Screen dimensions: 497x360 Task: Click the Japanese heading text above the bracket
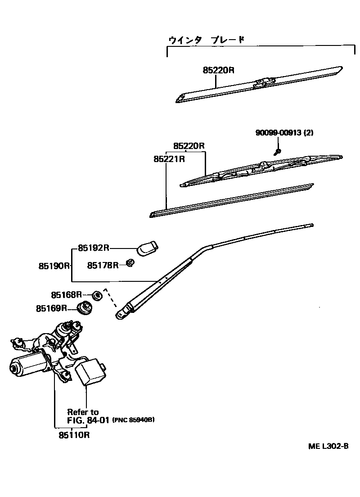[207, 40]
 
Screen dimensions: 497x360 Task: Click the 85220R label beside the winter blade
[219, 70]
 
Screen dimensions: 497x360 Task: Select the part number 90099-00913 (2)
[284, 133]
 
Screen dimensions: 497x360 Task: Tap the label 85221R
[169, 159]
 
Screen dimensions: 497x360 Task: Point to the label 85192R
[94, 248]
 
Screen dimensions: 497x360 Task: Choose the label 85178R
[103, 265]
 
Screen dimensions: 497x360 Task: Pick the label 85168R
[66, 295]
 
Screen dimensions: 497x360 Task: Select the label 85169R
[51, 308]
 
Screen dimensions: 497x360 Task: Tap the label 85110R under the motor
[74, 435]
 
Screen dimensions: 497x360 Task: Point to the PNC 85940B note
[133, 420]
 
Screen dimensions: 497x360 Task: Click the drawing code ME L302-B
[328, 446]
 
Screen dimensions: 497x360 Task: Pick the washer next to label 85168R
[96, 296]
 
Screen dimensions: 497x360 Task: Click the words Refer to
[83, 412]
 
